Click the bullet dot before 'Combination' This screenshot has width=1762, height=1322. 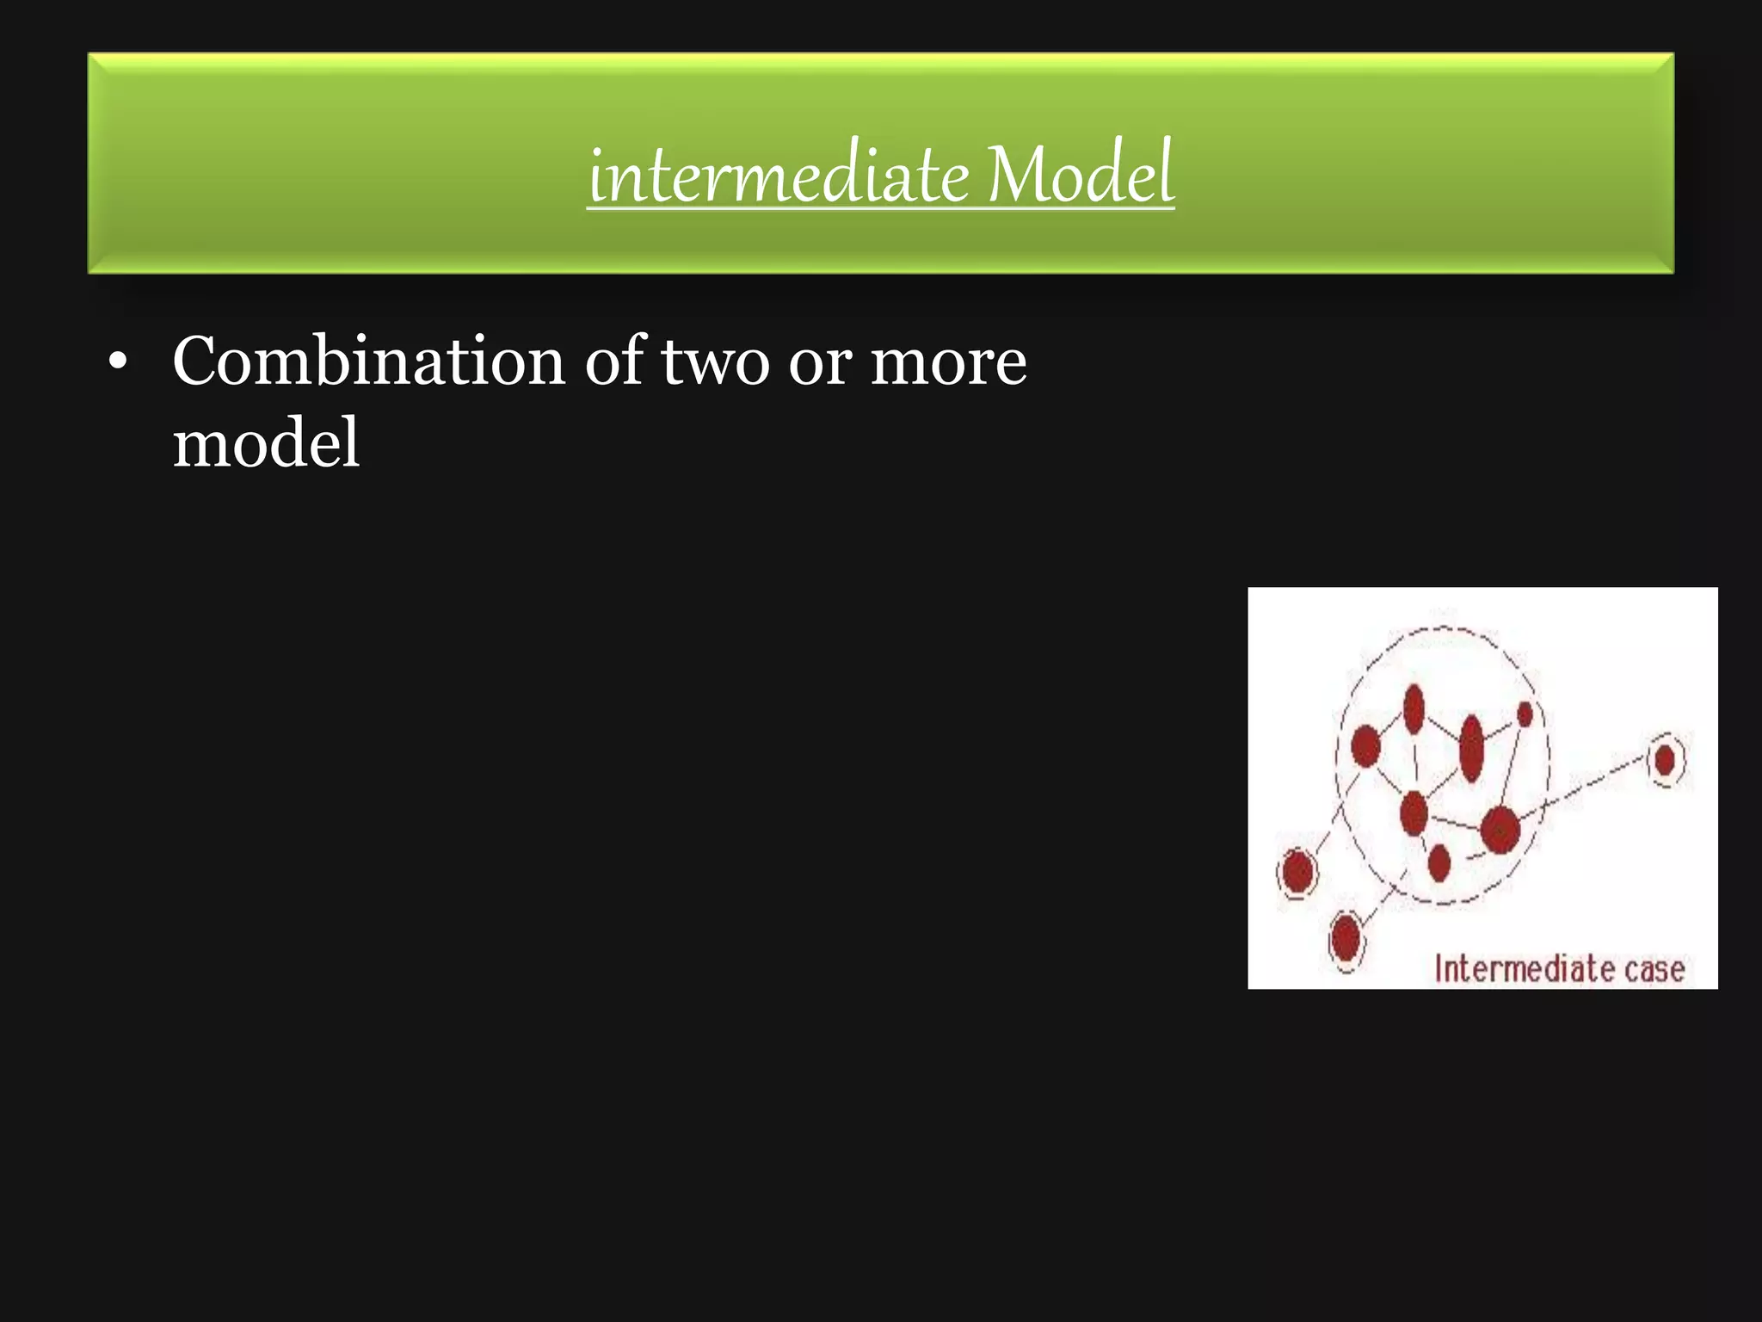pyautogui.click(x=118, y=364)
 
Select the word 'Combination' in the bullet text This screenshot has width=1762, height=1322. pyautogui.click(x=368, y=361)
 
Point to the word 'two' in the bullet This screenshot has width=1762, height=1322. pyautogui.click(x=715, y=361)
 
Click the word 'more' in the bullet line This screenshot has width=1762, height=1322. pyautogui.click(x=948, y=361)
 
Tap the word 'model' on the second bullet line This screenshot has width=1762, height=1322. pyautogui.click(x=266, y=442)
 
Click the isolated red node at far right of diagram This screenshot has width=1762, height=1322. pyautogui.click(x=1665, y=760)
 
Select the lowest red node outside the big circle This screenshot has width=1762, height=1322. pyautogui.click(x=1346, y=938)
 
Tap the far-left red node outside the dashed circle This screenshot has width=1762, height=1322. pyautogui.click(x=1297, y=872)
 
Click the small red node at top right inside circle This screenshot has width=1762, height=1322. pyautogui.click(x=1525, y=714)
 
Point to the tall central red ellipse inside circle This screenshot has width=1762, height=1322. pyautogui.click(x=1472, y=748)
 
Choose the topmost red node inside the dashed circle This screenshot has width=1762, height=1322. pyautogui.click(x=1414, y=709)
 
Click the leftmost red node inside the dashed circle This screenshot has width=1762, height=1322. pyautogui.click(x=1365, y=745)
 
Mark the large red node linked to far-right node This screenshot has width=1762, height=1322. pyautogui.click(x=1500, y=830)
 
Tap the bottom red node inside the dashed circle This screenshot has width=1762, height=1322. pyautogui.click(x=1439, y=862)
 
